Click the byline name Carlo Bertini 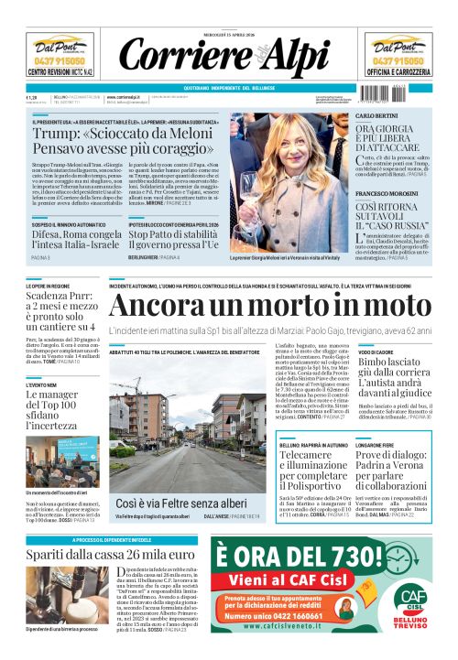[x=376, y=116]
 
